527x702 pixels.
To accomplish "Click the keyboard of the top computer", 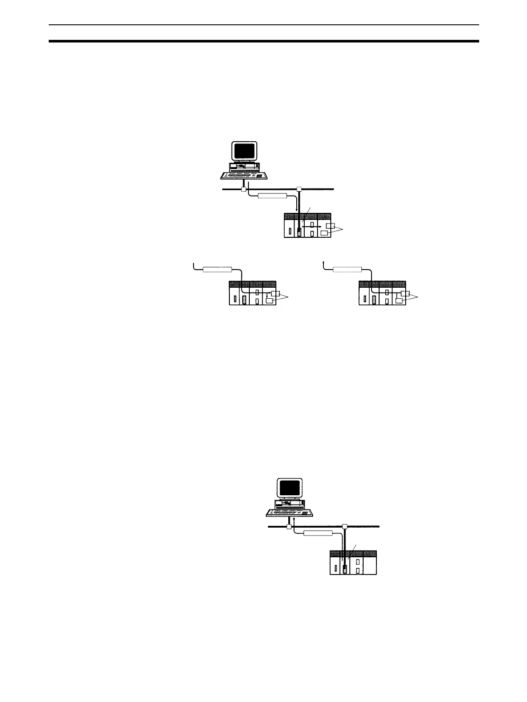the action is point(244,175).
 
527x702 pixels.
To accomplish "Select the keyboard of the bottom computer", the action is point(290,512).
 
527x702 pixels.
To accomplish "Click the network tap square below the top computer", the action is point(243,189).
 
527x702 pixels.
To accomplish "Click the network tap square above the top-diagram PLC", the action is point(299,189).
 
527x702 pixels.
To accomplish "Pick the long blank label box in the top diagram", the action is point(272,196).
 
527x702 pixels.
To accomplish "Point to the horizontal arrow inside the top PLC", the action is point(311,227).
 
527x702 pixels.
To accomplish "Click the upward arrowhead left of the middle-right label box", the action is point(324,263).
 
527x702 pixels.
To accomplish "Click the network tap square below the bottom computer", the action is point(288,527).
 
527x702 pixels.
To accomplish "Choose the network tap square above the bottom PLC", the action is point(345,526).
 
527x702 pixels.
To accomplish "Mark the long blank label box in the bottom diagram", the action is point(318,533).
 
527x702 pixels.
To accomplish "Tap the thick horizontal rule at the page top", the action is point(263,41).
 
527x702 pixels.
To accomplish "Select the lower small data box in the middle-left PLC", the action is point(269,301).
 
